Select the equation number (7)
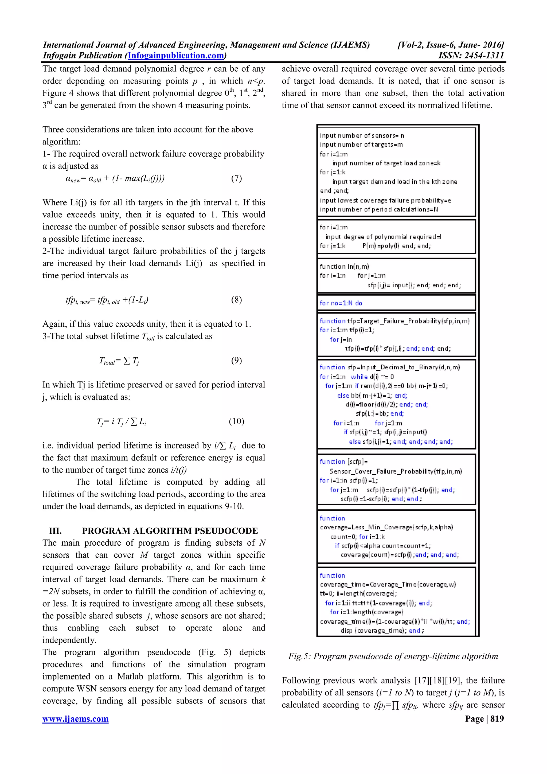pos(236,178)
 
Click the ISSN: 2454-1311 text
pos(471,56)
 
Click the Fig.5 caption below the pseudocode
pos(393,656)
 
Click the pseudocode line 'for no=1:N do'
pos(341,303)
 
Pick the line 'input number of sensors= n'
pos(362,135)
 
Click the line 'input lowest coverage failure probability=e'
pos(385,200)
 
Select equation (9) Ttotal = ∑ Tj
pos(119,361)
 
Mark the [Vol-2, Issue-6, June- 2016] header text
pos(451,45)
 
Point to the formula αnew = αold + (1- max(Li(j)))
pos(115,178)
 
